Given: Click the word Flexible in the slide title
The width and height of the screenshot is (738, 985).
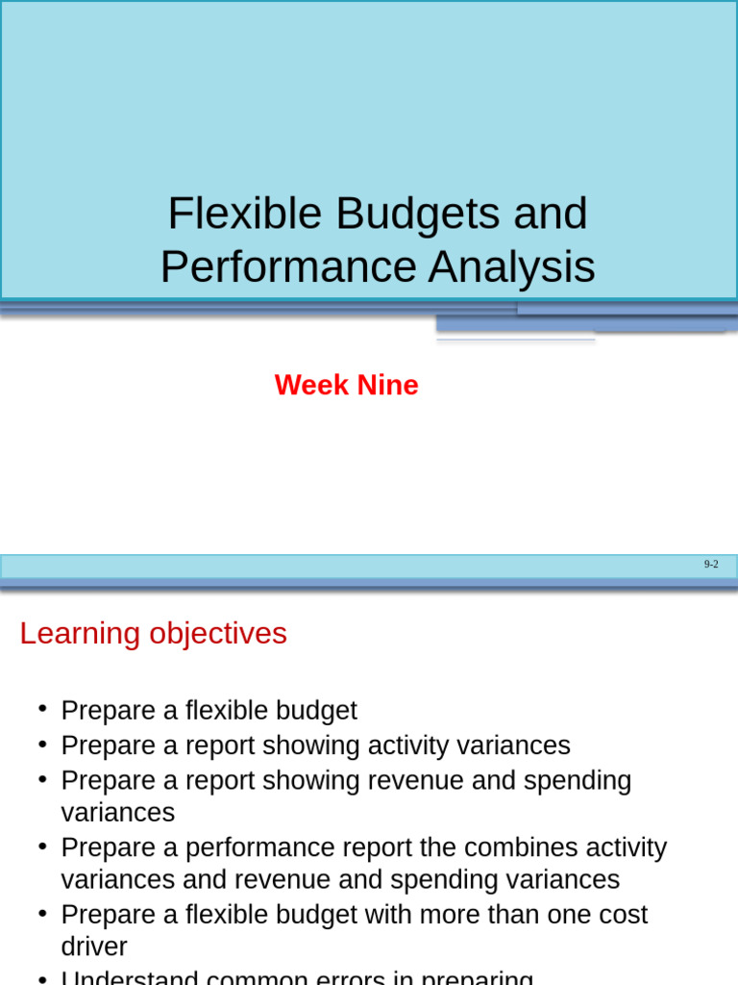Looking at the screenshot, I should pyautogui.click(x=244, y=214).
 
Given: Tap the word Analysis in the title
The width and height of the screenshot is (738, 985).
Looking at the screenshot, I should pyautogui.click(x=511, y=267).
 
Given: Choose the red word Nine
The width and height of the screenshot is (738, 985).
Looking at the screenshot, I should pyautogui.click(x=387, y=385).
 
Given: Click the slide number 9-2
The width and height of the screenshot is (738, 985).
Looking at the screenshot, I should pyautogui.click(x=711, y=565).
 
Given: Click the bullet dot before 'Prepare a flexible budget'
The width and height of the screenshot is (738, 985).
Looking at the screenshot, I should pyautogui.click(x=42, y=709).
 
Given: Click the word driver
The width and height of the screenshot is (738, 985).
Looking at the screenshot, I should pyautogui.click(x=94, y=947).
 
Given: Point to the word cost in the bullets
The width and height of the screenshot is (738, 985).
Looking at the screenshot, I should pyautogui.click(x=622, y=914).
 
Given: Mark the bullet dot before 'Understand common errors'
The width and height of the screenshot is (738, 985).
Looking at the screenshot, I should pyautogui.click(x=42, y=977).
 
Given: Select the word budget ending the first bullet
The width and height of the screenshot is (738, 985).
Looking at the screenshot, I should pyautogui.click(x=316, y=711).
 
